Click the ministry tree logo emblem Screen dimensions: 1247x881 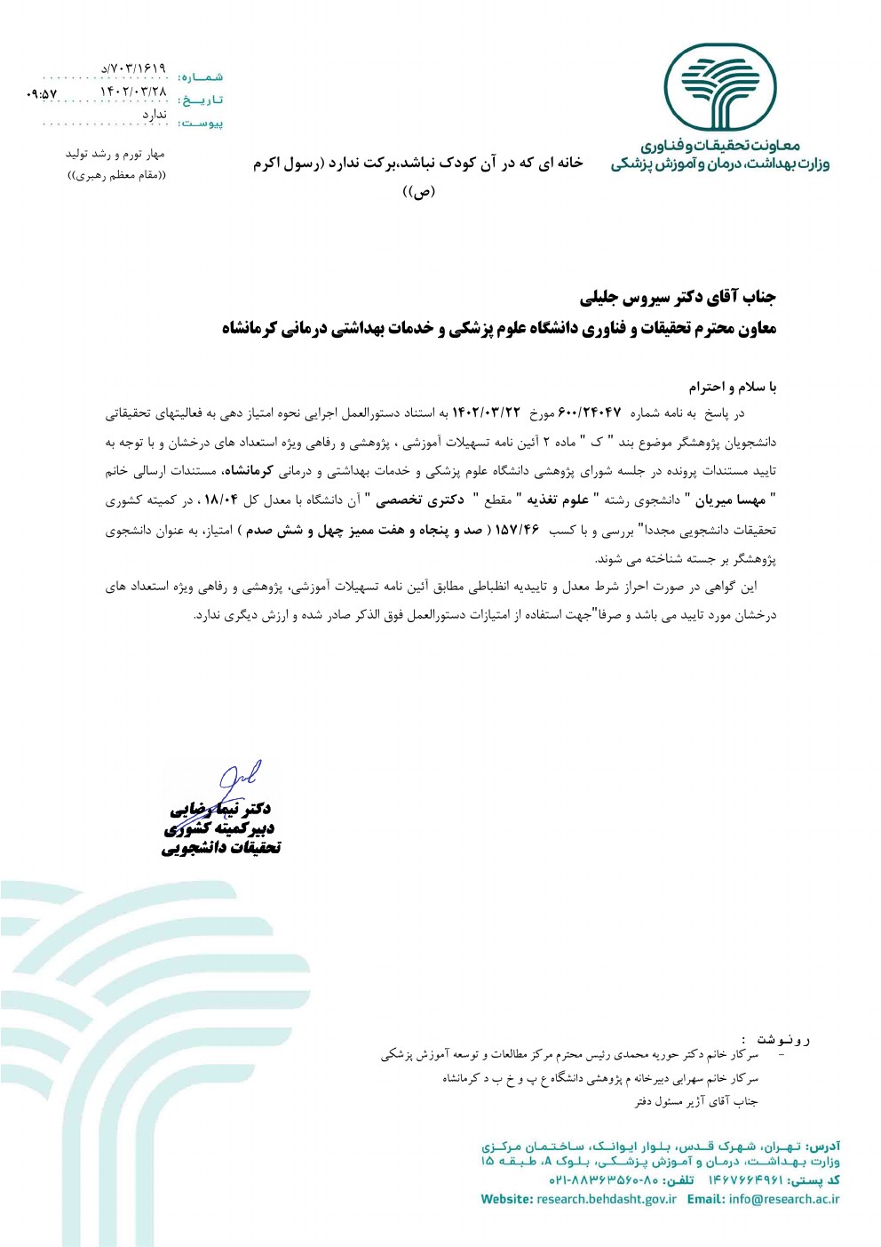click(x=722, y=87)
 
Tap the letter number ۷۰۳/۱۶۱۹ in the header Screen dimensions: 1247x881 click(x=133, y=68)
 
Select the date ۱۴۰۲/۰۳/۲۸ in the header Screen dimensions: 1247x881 click(x=133, y=92)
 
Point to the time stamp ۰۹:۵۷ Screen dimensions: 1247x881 click(x=42, y=93)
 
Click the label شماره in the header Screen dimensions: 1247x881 click(x=201, y=77)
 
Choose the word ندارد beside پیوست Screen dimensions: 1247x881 click(x=155, y=115)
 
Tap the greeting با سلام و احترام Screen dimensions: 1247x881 click(x=732, y=387)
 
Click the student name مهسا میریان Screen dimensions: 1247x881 click(x=730, y=500)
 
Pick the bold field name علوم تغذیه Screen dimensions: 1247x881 click(x=560, y=500)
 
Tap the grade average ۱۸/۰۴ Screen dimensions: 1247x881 click(x=221, y=500)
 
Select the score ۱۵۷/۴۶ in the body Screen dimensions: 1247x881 click(x=518, y=531)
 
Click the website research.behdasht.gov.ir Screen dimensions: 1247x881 click(x=606, y=1199)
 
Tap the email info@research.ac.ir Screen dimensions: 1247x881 click(x=783, y=1199)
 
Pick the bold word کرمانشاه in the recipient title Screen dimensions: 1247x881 click(x=251, y=329)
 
